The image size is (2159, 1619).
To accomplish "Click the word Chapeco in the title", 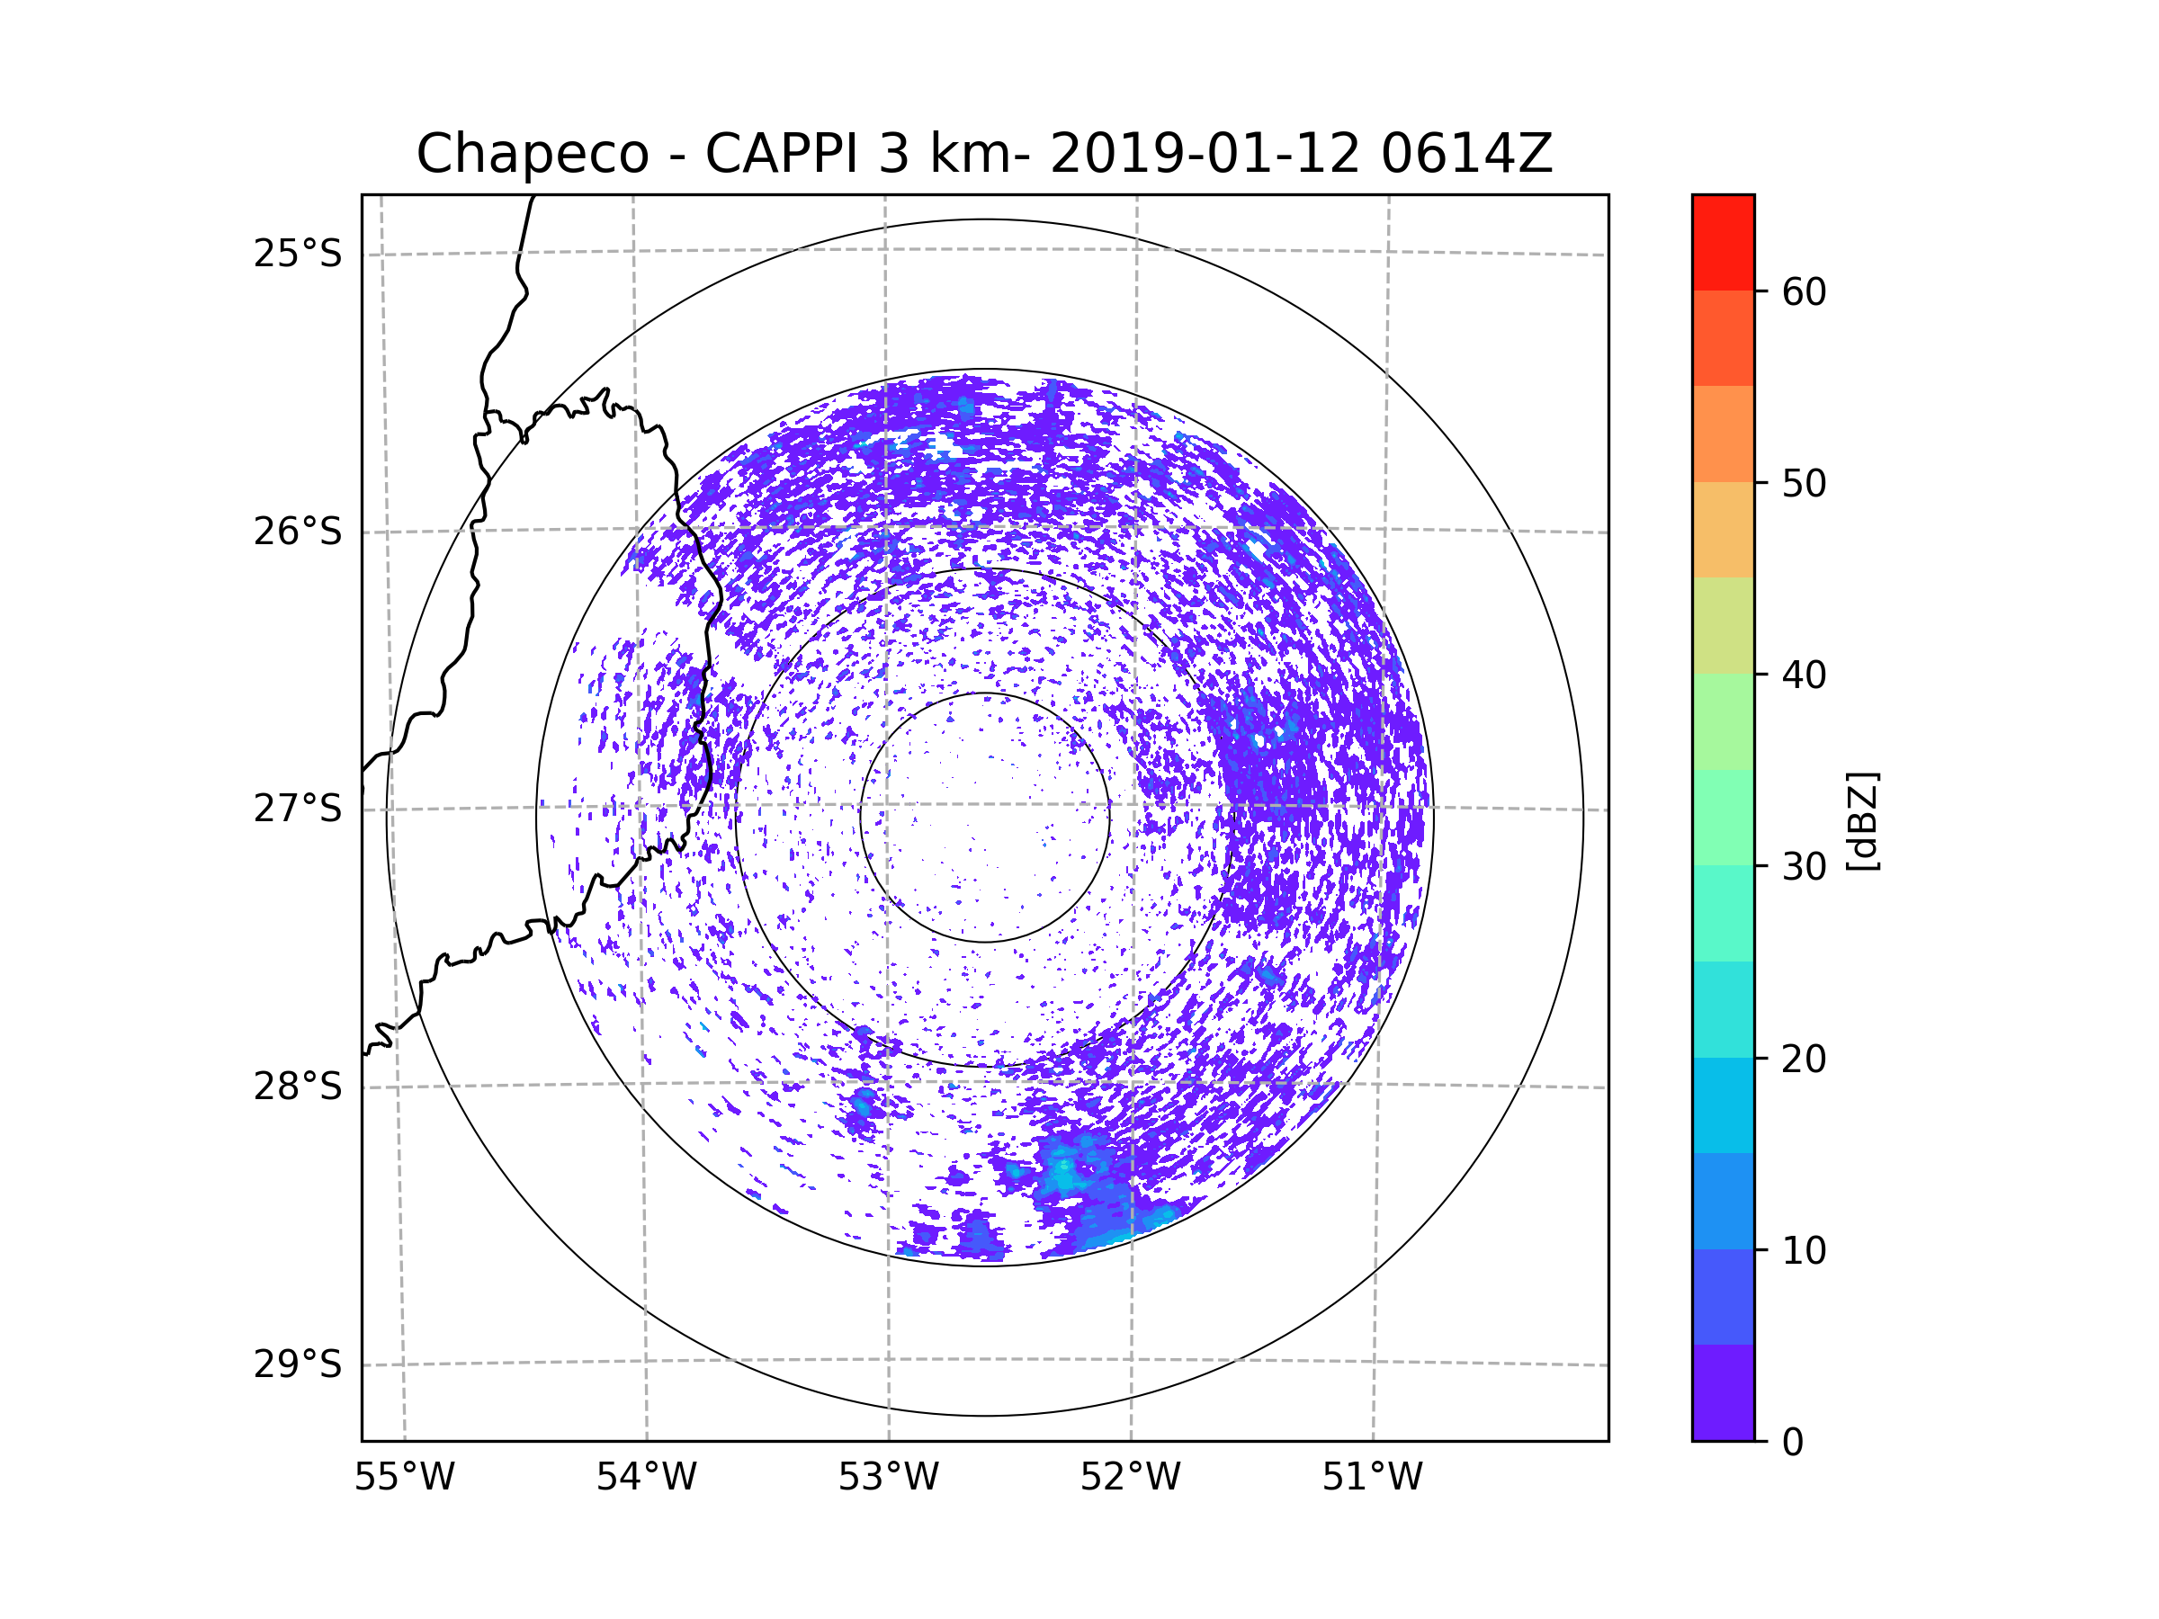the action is click(x=533, y=154).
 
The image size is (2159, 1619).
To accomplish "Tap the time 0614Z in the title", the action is click(x=1466, y=153).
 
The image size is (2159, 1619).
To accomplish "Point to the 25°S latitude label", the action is click(x=298, y=254).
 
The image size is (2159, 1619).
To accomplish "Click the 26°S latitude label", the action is click(x=298, y=532).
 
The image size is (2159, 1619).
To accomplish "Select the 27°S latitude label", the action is click(x=298, y=809).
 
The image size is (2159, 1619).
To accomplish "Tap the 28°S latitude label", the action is click(x=298, y=1087).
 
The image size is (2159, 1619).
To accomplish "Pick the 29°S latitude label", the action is click(x=298, y=1364).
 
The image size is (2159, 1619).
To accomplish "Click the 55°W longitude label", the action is click(x=404, y=1478).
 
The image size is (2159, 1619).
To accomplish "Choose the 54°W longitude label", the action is click(x=646, y=1478).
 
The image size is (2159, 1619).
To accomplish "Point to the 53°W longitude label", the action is click(x=888, y=1478).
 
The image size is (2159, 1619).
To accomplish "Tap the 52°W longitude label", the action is click(x=1130, y=1478).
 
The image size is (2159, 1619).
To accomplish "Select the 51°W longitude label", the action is click(x=1372, y=1478).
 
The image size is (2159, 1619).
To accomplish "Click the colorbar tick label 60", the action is click(x=1804, y=291).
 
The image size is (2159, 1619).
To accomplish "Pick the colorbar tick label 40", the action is click(x=1804, y=675).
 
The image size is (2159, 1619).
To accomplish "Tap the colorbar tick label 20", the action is click(x=1804, y=1059).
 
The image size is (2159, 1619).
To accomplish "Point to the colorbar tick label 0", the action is click(x=1793, y=1443).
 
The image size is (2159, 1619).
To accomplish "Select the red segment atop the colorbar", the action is click(x=1723, y=242).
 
